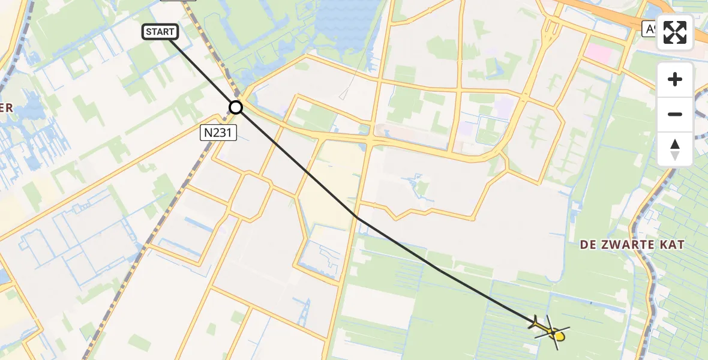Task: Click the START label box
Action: (x=160, y=32)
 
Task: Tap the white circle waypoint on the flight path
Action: (x=236, y=107)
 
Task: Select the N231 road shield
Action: (x=218, y=133)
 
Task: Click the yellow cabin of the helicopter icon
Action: (x=558, y=336)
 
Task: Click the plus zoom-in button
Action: (x=675, y=79)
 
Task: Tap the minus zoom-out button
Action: (x=675, y=114)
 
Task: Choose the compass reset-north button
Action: (x=675, y=149)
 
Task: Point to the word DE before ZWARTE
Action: (x=588, y=245)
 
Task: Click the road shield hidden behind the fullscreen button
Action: (x=648, y=29)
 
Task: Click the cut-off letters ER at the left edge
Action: (x=6, y=108)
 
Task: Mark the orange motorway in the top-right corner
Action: (x=600, y=12)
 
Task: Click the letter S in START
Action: (x=149, y=32)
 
